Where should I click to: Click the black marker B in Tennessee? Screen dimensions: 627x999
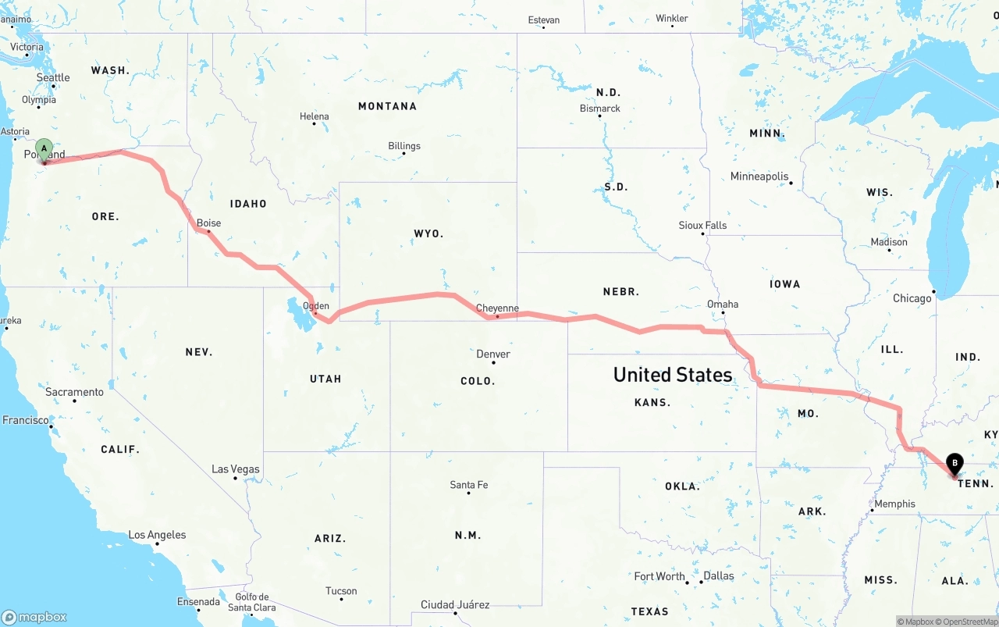tap(955, 465)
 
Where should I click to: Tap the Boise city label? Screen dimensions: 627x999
tap(208, 223)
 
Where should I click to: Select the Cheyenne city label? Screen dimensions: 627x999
tap(497, 308)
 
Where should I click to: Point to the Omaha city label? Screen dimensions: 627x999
tap(722, 305)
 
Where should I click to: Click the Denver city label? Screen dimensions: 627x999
tap(493, 354)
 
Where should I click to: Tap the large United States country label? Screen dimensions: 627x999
tap(672, 375)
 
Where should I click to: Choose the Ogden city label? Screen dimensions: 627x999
tap(316, 306)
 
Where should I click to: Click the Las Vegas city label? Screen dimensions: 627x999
tap(235, 469)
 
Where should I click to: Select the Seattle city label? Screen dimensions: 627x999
tap(53, 78)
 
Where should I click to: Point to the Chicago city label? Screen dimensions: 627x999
tap(912, 298)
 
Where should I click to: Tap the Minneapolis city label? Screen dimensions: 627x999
tap(759, 176)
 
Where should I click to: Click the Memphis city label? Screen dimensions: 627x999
tap(894, 504)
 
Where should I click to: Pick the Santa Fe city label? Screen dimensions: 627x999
tap(468, 485)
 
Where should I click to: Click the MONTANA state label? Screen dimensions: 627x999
tap(387, 106)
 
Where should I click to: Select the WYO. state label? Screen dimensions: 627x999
tap(428, 233)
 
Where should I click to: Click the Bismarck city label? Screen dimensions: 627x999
tap(599, 109)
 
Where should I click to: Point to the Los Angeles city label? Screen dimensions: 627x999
tap(157, 535)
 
